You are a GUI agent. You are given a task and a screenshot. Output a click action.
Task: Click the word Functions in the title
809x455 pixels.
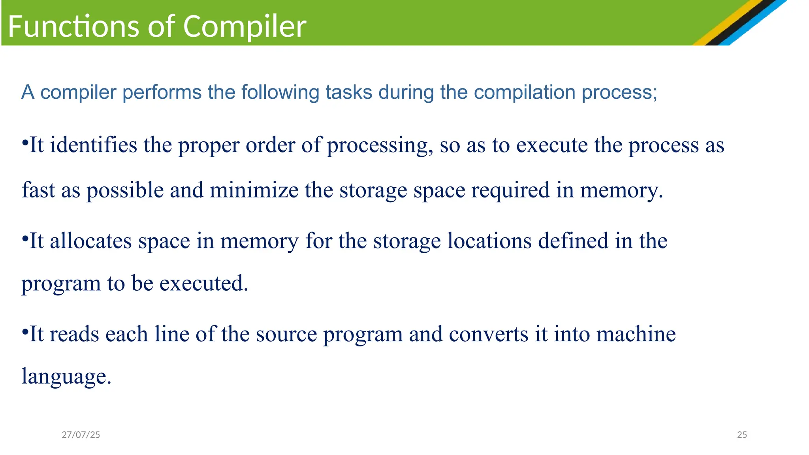click(x=73, y=26)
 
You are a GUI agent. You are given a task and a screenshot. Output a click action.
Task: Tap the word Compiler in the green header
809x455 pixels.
click(x=245, y=26)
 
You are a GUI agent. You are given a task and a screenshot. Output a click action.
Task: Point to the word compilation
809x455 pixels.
click(x=524, y=92)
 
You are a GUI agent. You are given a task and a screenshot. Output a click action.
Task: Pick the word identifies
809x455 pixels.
click(x=93, y=145)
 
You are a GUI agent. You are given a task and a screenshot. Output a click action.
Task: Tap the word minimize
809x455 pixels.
click(x=254, y=190)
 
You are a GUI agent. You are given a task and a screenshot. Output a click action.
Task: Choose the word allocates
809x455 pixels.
click(x=90, y=241)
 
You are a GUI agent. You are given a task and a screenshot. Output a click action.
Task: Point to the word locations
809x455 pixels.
click(x=489, y=241)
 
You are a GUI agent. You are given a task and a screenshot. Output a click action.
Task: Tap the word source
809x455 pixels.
click(x=286, y=334)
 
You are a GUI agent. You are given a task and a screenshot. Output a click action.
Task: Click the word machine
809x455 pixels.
click(x=636, y=334)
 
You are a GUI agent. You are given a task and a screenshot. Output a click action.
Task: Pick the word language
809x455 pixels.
click(x=66, y=376)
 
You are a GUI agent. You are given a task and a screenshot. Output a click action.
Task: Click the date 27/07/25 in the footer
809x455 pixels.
click(x=81, y=435)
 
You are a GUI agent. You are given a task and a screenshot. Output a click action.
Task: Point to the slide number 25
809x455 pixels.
click(x=742, y=435)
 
